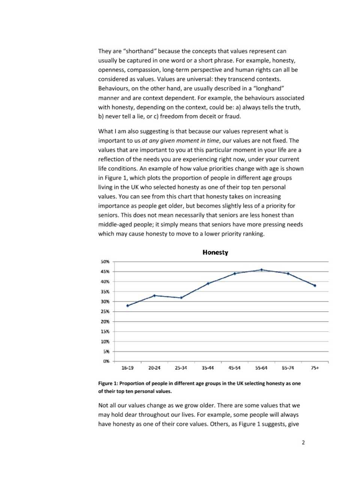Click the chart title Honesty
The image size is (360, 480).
point(215,252)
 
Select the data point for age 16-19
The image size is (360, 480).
point(127,306)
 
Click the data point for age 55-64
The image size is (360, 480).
point(261,270)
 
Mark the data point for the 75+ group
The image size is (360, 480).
point(315,285)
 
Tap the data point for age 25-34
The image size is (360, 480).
point(181,298)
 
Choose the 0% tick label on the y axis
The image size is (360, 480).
point(106,361)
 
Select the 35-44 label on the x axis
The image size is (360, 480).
point(208,368)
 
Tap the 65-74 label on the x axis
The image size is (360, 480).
point(288,368)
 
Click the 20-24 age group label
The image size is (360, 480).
point(154,368)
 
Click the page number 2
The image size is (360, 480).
point(303,442)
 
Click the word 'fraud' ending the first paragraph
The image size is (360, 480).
point(232,116)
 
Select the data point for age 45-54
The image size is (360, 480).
point(235,274)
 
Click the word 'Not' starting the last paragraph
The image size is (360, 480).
point(103,405)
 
